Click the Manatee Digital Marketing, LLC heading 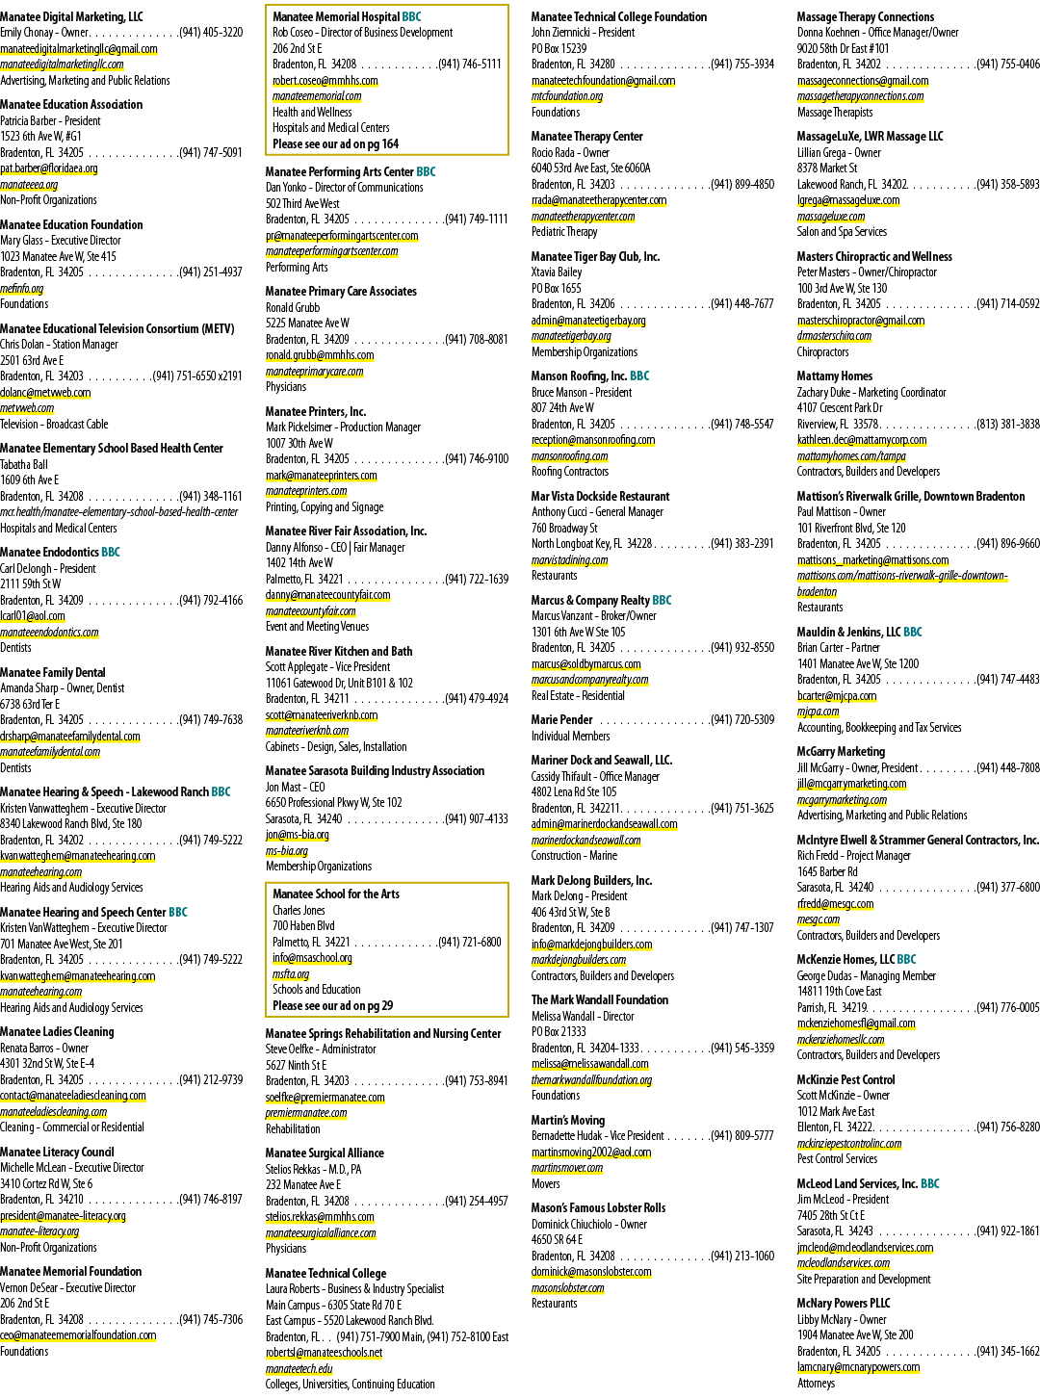(71, 16)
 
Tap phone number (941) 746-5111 (470, 65)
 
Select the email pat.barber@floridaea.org (49, 168)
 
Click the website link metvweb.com (27, 408)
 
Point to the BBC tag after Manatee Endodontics (111, 552)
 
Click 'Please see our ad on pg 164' (336, 143)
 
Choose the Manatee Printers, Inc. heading (316, 411)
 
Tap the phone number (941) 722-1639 (477, 579)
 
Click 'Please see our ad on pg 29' (332, 1005)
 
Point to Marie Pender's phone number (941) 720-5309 (742, 719)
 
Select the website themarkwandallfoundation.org (592, 1079)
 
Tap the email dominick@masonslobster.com (591, 1272)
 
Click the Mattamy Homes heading (835, 376)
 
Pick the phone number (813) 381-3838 (1008, 424)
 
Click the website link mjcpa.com (818, 711)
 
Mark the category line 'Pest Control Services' (837, 1158)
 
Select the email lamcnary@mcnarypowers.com (858, 1367)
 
